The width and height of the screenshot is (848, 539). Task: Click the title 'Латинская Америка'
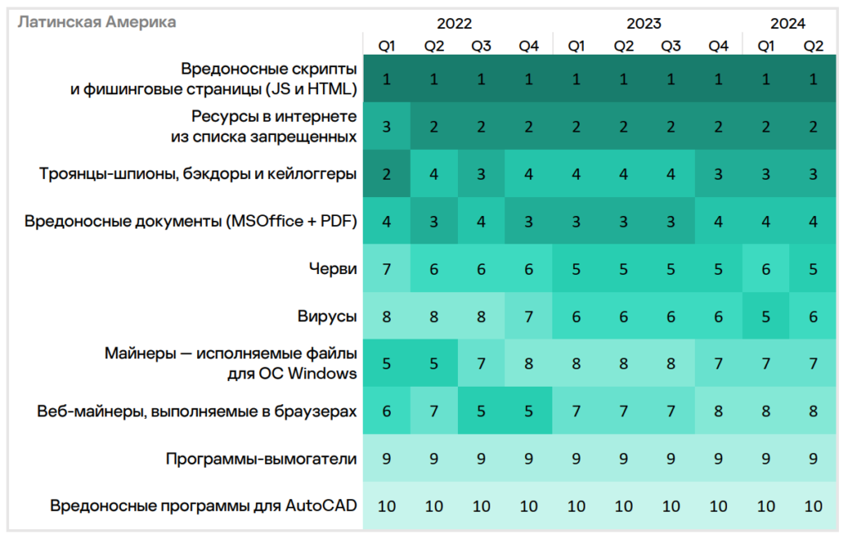[x=97, y=22]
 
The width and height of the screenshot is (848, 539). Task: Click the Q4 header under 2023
[x=718, y=46]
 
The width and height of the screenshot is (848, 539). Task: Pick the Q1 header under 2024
[x=766, y=46]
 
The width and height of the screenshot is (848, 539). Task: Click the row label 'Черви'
[x=337, y=268]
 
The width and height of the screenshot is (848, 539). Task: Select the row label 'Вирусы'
[x=327, y=315]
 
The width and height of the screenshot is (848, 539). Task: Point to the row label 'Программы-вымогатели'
[x=261, y=458]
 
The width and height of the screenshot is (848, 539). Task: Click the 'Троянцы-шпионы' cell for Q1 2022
[x=387, y=174]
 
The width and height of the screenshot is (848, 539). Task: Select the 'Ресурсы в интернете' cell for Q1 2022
[x=387, y=127]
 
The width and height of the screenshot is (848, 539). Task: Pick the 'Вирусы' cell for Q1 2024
[x=766, y=315]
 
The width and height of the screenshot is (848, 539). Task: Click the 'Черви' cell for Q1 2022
[x=387, y=268]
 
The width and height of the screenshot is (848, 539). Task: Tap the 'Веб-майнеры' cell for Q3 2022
[x=481, y=411]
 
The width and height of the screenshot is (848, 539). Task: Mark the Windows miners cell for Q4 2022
[x=528, y=363]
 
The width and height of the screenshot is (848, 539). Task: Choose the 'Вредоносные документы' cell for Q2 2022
[x=434, y=221]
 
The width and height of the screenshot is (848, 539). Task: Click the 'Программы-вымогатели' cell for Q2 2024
[x=813, y=458]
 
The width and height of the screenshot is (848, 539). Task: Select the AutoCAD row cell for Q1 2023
[x=576, y=506]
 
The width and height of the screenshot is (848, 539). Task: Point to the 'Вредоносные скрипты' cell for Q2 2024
[x=813, y=79]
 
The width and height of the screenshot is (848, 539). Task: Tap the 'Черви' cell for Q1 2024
[x=766, y=268]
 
